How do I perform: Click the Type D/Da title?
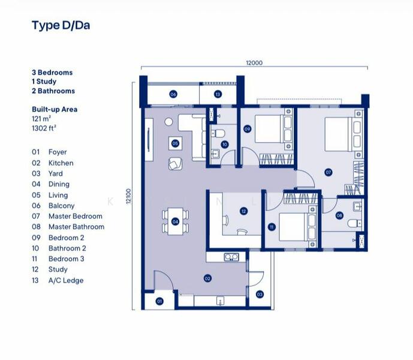[x=61, y=25]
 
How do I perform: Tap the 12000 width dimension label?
[x=254, y=62]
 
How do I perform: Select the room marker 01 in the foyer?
[x=160, y=301]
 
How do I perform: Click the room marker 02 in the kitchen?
[x=207, y=278]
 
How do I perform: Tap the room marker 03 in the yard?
[x=260, y=295]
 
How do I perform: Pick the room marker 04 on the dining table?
[x=174, y=221]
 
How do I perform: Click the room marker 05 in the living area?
[x=174, y=143]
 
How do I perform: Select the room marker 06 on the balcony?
[x=173, y=94]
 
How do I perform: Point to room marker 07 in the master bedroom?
[x=328, y=172]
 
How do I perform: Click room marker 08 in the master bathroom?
[x=339, y=215]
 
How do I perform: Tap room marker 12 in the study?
[x=243, y=211]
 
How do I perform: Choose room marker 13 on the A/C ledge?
[x=218, y=94]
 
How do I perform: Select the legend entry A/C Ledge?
[x=66, y=280]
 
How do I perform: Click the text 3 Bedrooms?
[x=52, y=73]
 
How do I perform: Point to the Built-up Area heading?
[x=55, y=110]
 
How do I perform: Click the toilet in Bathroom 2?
[x=219, y=133]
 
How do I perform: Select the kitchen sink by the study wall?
[x=230, y=257]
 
